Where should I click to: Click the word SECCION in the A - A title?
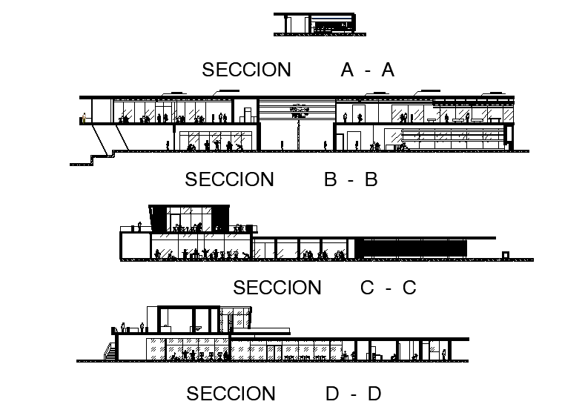(x=246, y=70)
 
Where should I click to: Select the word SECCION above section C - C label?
(x=277, y=288)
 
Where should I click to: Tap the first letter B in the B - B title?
(x=331, y=179)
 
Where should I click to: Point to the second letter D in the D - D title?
(x=374, y=394)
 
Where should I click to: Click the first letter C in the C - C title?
(x=367, y=288)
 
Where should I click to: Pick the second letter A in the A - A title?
(x=387, y=70)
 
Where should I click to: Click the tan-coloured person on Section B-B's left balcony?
(x=84, y=117)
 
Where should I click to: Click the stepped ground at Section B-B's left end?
(x=93, y=158)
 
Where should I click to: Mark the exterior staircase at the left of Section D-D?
(x=110, y=351)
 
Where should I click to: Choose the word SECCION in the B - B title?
(x=229, y=179)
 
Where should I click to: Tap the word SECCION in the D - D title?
(x=231, y=394)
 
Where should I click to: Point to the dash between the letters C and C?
(x=388, y=288)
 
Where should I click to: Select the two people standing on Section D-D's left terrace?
(x=132, y=328)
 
